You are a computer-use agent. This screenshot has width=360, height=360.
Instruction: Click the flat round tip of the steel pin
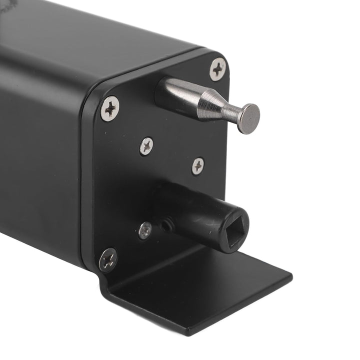click(x=248, y=118)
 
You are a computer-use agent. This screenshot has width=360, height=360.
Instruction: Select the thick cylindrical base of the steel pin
click(x=177, y=93)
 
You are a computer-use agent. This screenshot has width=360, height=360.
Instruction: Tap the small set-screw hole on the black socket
click(x=167, y=225)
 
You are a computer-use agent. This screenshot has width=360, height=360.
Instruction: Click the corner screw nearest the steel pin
click(x=217, y=69)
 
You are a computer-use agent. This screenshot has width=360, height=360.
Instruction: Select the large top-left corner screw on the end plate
click(x=110, y=108)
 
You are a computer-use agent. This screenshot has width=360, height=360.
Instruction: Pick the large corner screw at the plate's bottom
click(x=108, y=259)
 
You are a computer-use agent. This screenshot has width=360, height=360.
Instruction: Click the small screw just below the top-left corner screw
click(x=146, y=146)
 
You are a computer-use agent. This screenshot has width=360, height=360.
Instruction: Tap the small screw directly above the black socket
click(x=198, y=166)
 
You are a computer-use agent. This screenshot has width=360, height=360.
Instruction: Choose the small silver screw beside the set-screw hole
click(x=145, y=230)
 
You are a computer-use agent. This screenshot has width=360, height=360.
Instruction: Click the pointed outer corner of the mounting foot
click(x=291, y=274)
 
